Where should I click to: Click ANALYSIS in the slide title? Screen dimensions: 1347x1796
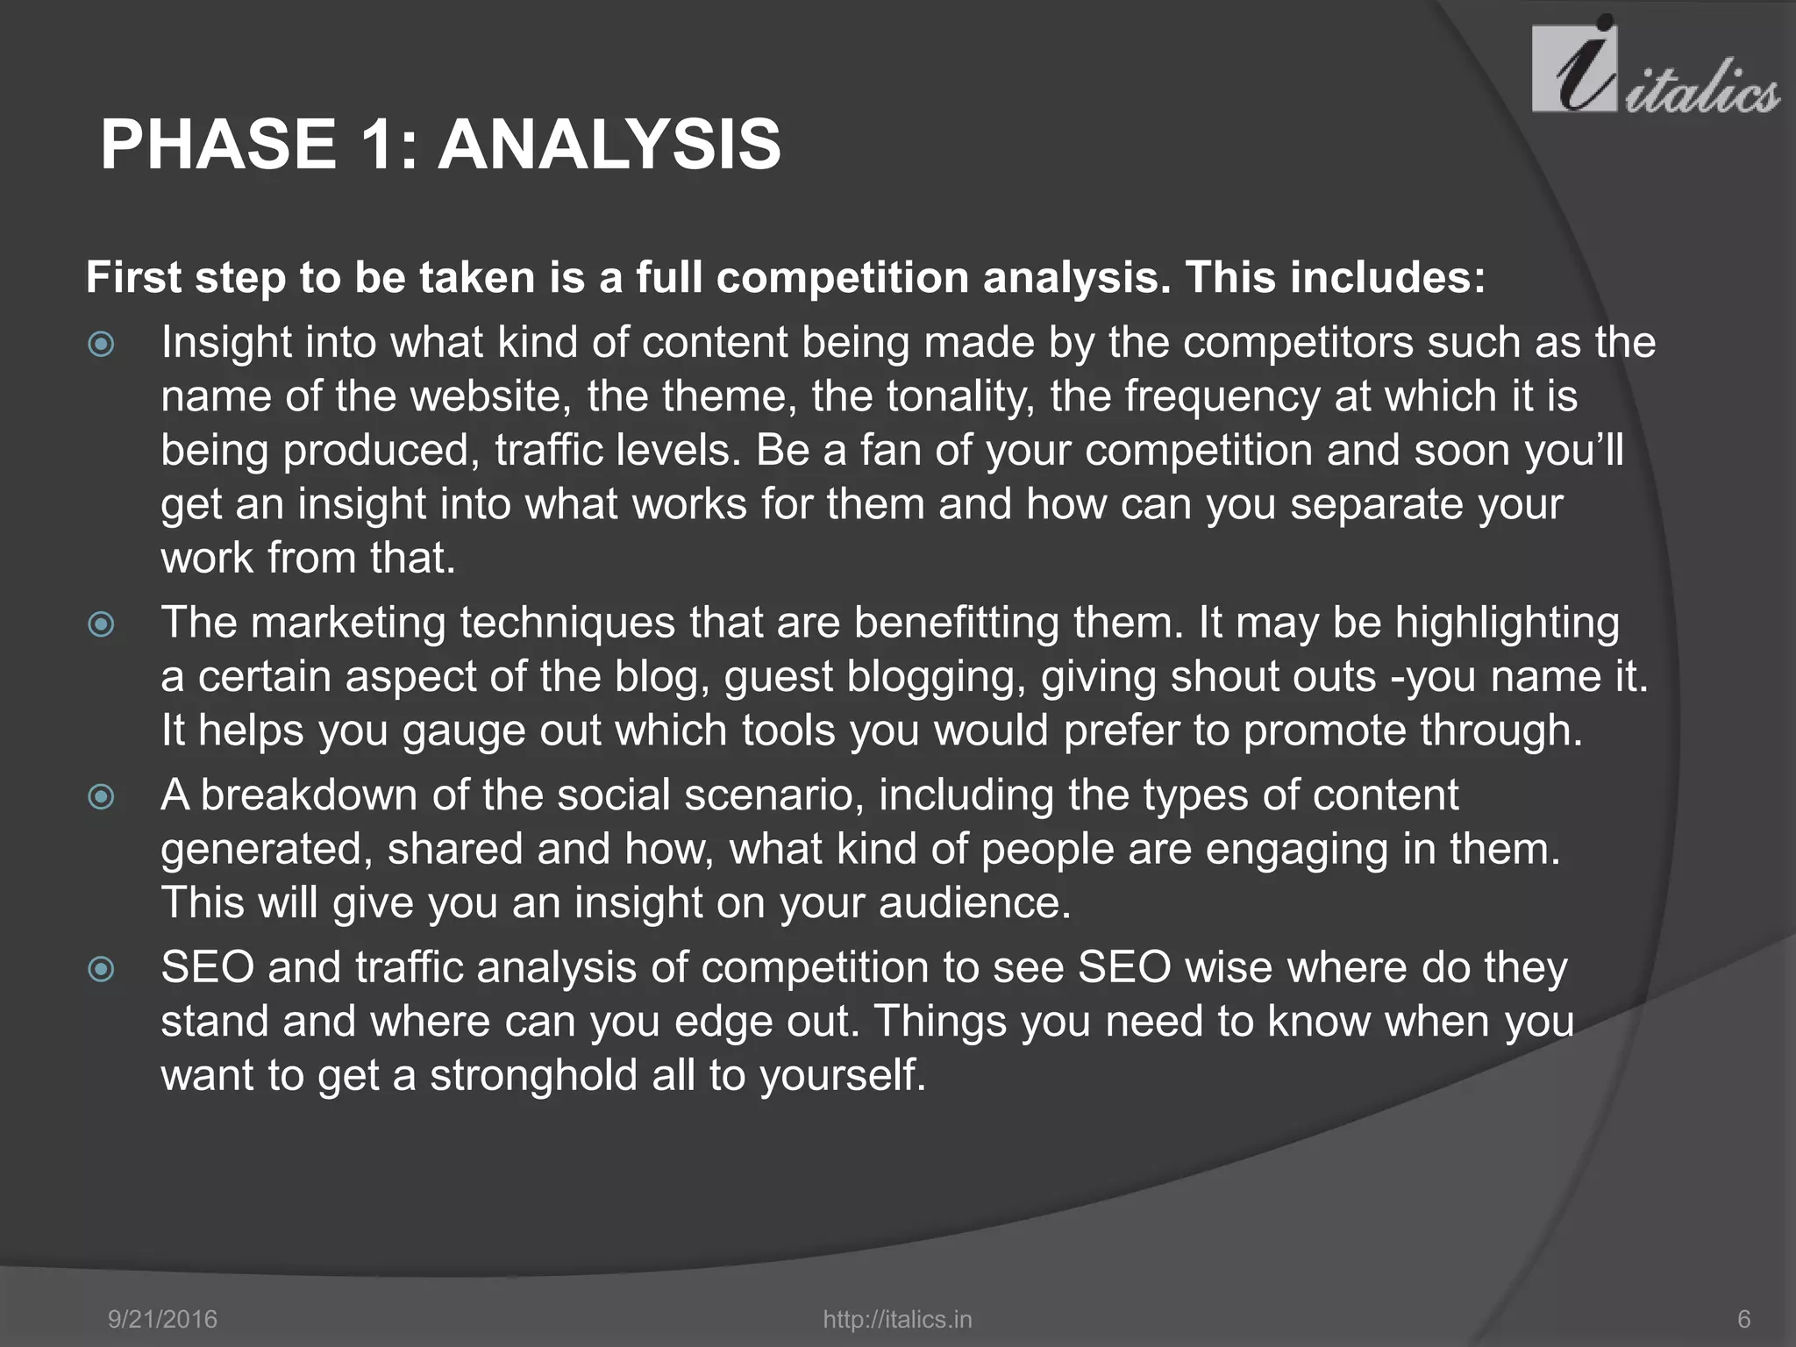(609, 145)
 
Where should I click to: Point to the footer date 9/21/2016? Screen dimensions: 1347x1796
(162, 1319)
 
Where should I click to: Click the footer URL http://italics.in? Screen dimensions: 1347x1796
(897, 1319)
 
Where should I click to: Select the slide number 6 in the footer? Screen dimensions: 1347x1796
(1743, 1319)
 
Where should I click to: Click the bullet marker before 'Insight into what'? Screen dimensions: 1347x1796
(102, 344)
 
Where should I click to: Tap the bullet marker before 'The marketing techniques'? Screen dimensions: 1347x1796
(102, 624)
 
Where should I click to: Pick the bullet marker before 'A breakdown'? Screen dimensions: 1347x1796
(102, 796)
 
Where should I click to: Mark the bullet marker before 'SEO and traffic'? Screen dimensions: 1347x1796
(102, 969)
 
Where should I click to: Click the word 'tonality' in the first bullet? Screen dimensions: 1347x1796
(961, 397)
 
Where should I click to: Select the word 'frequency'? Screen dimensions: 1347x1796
(1222, 397)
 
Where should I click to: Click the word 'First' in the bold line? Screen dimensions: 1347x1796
(134, 278)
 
